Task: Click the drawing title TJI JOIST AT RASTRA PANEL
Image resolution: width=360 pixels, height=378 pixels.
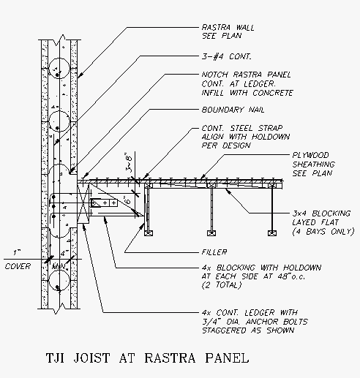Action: (148, 358)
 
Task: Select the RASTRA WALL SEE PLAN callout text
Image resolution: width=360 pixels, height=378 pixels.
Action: (228, 31)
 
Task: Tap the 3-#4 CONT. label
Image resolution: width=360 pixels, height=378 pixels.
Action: (226, 56)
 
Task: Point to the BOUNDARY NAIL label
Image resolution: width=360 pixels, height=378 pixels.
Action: (233, 110)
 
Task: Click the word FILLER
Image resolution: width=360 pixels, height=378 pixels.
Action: (214, 252)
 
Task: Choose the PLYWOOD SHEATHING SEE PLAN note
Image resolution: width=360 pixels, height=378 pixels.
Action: (314, 165)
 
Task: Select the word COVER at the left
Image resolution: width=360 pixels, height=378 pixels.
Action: (18, 266)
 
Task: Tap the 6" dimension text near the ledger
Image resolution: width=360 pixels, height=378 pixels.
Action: (128, 200)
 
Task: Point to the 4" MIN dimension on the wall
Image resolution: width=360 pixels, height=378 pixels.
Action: (61, 260)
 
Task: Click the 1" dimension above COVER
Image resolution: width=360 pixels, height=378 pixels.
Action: (16, 252)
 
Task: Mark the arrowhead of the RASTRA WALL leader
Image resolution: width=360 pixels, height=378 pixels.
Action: (80, 75)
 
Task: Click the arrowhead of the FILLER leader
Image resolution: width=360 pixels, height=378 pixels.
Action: (143, 226)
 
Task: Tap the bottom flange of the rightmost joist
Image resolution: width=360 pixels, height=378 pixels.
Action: (272, 233)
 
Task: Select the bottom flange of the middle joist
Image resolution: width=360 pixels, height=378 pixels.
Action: (211, 233)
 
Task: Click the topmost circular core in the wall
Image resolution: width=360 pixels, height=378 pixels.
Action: (59, 68)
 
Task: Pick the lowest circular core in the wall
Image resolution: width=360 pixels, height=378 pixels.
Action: (59, 280)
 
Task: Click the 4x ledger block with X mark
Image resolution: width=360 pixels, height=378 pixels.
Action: (83, 203)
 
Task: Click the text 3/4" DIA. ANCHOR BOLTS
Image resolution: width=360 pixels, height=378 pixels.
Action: (255, 322)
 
